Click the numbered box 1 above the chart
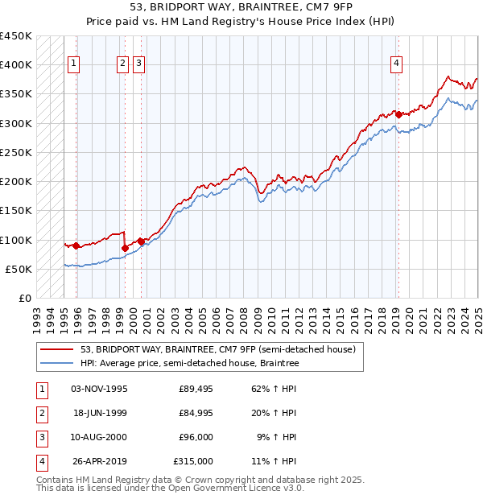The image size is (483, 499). click(x=73, y=64)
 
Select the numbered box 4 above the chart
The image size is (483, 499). click(x=397, y=64)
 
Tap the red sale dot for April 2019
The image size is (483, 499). click(x=398, y=114)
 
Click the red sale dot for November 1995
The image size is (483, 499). click(x=76, y=245)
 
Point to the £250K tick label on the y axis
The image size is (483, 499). click(x=16, y=152)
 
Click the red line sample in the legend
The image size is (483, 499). click(x=56, y=349)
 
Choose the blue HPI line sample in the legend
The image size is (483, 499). click(x=56, y=364)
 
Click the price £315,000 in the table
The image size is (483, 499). click(x=193, y=461)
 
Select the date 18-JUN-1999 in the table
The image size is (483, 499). click(x=99, y=413)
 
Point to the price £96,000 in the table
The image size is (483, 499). click(x=196, y=437)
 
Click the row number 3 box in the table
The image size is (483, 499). click(x=41, y=437)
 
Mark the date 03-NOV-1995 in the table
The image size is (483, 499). click(x=99, y=389)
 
